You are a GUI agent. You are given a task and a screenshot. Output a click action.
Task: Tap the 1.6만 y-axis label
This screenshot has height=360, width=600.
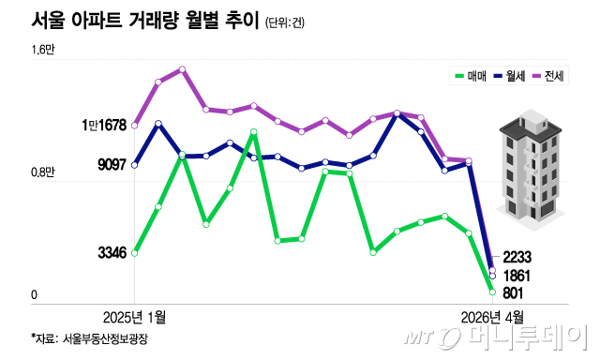pyautogui.click(x=44, y=51)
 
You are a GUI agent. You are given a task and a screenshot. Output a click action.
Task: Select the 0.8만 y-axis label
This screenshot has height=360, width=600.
pyautogui.click(x=43, y=172)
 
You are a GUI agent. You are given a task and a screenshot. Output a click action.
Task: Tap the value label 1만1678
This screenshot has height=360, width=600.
pyautogui.click(x=103, y=125)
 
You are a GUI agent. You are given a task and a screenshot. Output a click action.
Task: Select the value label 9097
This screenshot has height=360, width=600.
pyautogui.click(x=112, y=165)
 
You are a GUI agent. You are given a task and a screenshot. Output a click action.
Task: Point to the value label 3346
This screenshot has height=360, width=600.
pyautogui.click(x=112, y=252)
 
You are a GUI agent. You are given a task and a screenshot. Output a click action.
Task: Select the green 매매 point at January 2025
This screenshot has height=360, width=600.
pyautogui.click(x=135, y=252)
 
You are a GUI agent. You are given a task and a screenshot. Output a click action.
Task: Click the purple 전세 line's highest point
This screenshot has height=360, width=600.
pyautogui.click(x=182, y=69)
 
